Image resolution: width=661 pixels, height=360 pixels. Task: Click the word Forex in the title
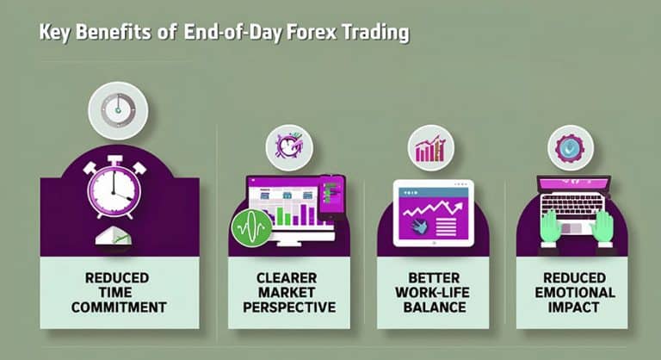click(x=306, y=34)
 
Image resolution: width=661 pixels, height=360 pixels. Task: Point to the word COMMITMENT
click(x=120, y=306)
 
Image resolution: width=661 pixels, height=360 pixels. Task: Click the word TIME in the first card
click(x=120, y=292)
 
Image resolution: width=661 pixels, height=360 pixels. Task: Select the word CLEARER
click(x=287, y=278)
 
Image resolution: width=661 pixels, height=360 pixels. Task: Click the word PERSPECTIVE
click(x=287, y=306)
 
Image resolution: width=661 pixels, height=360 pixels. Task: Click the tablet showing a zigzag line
click(x=433, y=214)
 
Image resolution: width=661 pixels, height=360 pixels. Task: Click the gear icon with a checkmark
click(x=569, y=146)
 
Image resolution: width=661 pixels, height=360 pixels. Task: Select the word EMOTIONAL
click(x=574, y=292)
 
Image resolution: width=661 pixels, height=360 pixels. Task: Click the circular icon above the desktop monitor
click(x=288, y=146)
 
